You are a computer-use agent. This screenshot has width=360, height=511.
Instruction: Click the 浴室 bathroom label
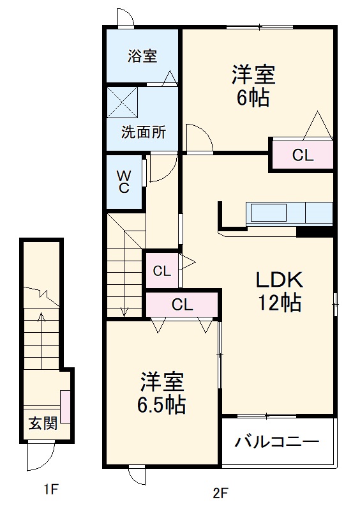(142, 56)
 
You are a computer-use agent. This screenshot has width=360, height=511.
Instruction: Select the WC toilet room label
(124, 181)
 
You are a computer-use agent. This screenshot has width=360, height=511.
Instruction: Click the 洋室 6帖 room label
(253, 86)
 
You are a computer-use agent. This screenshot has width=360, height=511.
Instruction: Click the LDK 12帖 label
(279, 291)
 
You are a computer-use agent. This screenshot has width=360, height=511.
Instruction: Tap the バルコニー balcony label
(276, 441)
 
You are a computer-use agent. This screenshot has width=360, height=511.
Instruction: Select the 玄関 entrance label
(42, 423)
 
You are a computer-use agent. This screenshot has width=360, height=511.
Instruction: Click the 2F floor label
(220, 492)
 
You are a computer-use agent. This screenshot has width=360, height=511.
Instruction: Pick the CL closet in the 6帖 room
(303, 155)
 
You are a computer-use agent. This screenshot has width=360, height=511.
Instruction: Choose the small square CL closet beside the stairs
(162, 270)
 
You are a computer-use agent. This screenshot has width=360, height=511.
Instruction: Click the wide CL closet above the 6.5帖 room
(182, 305)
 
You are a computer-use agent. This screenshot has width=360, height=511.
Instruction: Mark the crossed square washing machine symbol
(123, 101)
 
